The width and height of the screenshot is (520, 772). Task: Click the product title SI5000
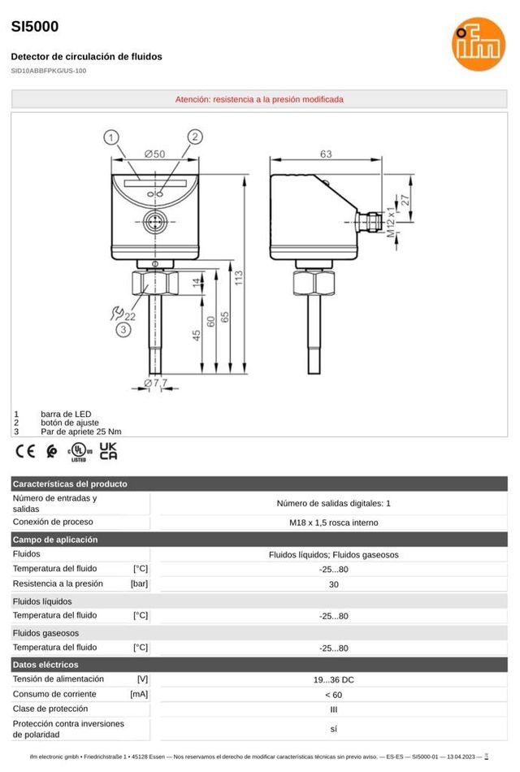tap(35, 26)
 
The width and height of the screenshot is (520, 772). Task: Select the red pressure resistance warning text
tap(259, 99)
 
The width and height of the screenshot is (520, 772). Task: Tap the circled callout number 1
tap(113, 137)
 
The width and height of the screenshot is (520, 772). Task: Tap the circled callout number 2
tap(194, 137)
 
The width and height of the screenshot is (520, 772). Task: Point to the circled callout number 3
tap(123, 329)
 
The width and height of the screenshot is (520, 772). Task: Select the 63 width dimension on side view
tap(325, 154)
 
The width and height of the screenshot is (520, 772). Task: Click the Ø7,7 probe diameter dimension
tap(154, 382)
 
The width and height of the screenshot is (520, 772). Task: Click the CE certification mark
tap(25, 451)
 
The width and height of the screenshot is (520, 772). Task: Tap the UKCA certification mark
tap(107, 451)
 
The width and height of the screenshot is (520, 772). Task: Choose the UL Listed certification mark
tap(78, 452)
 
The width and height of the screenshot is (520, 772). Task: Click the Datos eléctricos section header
tap(44, 665)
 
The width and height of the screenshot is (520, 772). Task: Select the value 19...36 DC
tap(333, 679)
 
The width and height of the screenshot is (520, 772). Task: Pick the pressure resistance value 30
tap(333, 584)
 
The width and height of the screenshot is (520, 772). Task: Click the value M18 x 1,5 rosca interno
tap(333, 523)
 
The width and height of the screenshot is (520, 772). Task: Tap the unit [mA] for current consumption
tap(139, 695)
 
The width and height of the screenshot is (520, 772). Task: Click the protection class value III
tap(333, 709)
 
